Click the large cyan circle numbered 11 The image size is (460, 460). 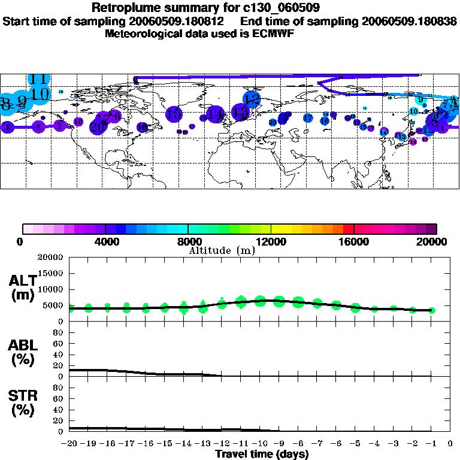(39, 79)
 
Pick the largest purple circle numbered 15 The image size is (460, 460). (174, 114)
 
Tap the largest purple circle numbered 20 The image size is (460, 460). (98, 126)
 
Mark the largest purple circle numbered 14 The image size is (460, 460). (216, 114)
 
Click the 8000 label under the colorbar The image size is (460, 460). (189, 241)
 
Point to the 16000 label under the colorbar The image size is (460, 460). (354, 241)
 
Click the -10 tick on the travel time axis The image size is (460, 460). (259, 443)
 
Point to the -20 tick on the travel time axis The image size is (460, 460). (69, 443)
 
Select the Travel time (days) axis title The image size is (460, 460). (262, 454)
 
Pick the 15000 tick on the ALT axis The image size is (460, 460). (51, 273)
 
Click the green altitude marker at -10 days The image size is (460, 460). (260, 301)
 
